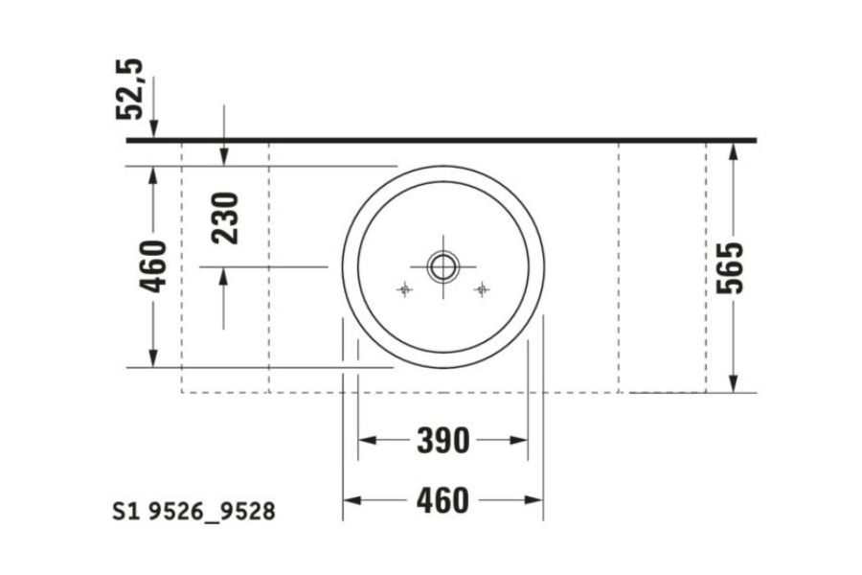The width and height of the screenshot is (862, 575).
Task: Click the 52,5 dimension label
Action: (x=131, y=88)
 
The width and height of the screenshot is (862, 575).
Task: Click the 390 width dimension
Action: (x=442, y=441)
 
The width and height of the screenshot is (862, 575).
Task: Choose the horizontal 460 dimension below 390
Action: (x=442, y=500)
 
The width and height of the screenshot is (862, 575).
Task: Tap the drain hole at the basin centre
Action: (x=442, y=265)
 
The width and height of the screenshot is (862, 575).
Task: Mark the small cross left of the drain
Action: (x=404, y=288)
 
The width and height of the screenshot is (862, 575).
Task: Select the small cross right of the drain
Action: (x=482, y=288)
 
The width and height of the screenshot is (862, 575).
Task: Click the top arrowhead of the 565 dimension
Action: (x=733, y=150)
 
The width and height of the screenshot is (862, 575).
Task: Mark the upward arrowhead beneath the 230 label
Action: (x=224, y=276)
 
